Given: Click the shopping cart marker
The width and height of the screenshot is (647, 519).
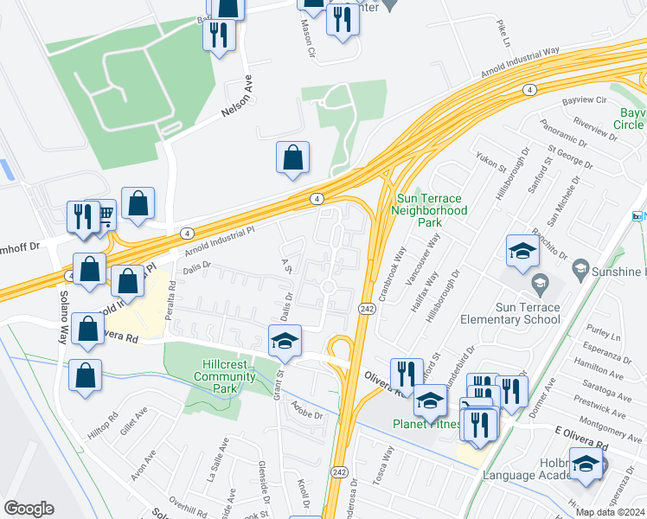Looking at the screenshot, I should click(x=102, y=213).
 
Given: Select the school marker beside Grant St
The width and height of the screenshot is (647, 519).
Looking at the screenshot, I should click(x=285, y=341).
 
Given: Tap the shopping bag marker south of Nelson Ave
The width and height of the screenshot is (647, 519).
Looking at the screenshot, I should click(x=292, y=157).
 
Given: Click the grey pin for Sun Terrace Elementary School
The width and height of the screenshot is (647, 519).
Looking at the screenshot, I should click(x=540, y=282).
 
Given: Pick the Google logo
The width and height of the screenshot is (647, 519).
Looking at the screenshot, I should click(x=29, y=509).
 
